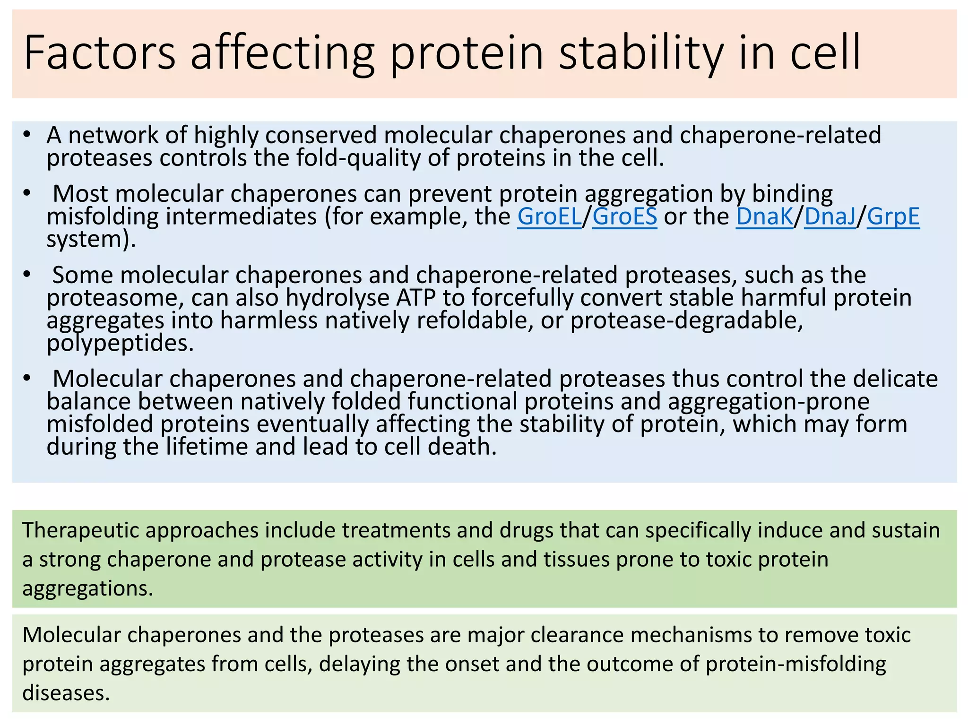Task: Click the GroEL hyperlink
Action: (x=549, y=216)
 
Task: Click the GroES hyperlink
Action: (x=624, y=216)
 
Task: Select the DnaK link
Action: (x=764, y=216)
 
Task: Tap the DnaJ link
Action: (x=830, y=216)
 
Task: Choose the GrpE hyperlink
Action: (x=893, y=216)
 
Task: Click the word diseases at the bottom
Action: (x=66, y=693)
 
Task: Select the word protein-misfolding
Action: (x=795, y=664)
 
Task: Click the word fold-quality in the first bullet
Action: (x=358, y=158)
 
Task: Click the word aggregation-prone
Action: (x=769, y=401)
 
